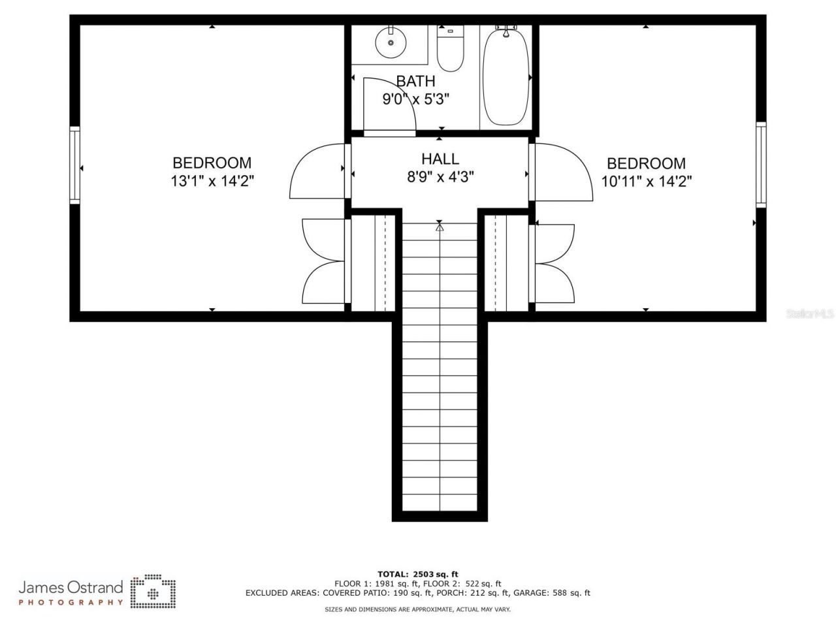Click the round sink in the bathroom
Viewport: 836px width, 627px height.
391,43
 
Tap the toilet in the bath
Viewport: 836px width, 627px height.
450,49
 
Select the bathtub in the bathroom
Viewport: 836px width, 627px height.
506,77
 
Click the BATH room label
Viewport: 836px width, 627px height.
415,82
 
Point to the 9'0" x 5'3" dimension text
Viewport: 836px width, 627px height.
416,99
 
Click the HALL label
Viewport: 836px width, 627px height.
440,159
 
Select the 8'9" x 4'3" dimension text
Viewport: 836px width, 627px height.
440,176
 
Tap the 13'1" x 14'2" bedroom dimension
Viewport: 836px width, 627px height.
212,181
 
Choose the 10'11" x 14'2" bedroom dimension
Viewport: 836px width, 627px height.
646,181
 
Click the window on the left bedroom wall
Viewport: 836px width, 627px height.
75,165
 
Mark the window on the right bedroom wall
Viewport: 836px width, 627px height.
761,165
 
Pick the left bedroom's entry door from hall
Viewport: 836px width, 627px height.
317,171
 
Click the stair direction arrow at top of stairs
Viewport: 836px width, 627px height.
440,227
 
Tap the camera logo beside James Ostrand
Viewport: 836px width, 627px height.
153,592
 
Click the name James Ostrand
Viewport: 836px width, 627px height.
71,587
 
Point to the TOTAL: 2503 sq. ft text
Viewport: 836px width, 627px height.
418,574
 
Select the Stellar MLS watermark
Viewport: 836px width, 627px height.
810,314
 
